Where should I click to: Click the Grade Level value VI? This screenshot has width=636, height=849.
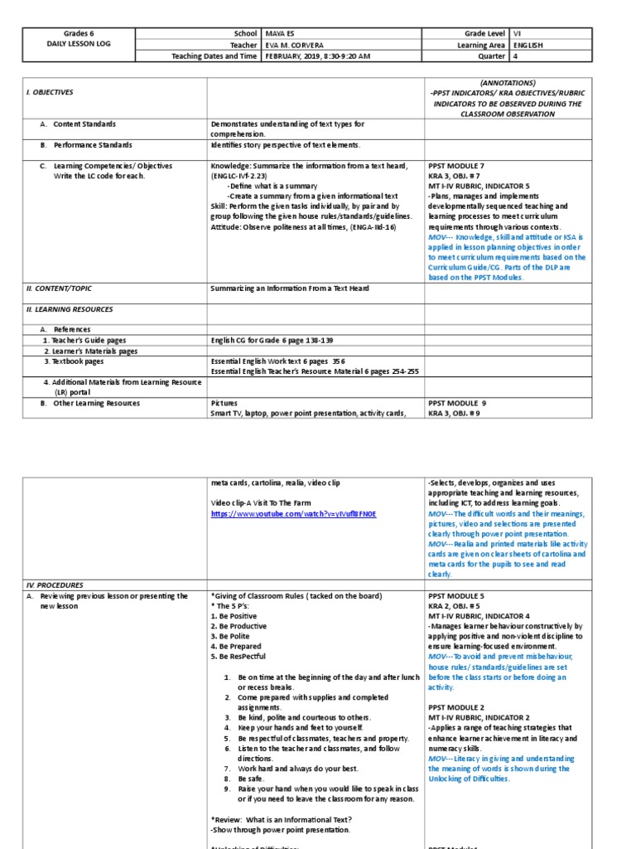[x=519, y=34]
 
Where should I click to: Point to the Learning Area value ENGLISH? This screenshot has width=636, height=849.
[x=528, y=46]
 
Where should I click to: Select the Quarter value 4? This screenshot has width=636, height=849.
[x=517, y=57]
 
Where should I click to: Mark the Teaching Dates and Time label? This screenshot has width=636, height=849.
[x=214, y=57]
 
